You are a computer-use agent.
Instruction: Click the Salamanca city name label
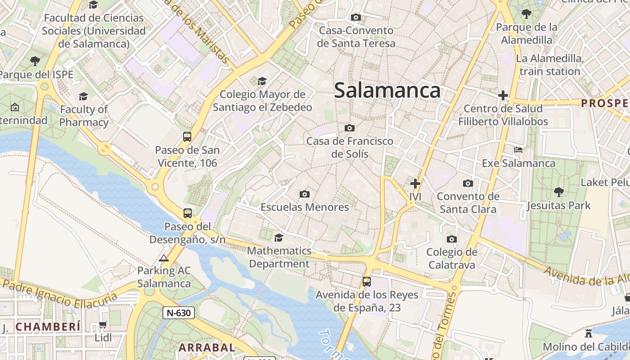pyautogui.click(x=387, y=90)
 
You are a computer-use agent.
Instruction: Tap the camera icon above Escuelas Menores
pyautogui.click(x=305, y=194)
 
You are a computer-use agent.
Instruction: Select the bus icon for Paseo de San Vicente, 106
pyautogui.click(x=187, y=136)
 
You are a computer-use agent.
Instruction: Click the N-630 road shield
pyautogui.click(x=179, y=312)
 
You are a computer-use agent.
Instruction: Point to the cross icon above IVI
pyautogui.click(x=415, y=184)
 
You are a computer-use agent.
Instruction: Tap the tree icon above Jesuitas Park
pyautogui.click(x=558, y=192)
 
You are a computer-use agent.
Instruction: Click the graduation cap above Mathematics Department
pyautogui.click(x=279, y=237)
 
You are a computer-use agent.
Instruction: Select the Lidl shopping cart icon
pyautogui.click(x=103, y=324)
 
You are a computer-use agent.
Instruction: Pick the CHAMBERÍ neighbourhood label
pyautogui.click(x=48, y=326)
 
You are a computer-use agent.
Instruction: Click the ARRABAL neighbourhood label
pyautogui.click(x=207, y=347)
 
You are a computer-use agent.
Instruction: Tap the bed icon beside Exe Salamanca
pyautogui.click(x=518, y=150)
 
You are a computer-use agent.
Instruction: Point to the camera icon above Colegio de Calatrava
pyautogui.click(x=452, y=239)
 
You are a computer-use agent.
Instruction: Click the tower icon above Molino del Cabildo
pyautogui.click(x=588, y=333)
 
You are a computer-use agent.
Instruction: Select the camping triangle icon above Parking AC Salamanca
pyautogui.click(x=164, y=258)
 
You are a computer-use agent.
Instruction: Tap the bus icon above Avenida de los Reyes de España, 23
pyautogui.click(x=367, y=282)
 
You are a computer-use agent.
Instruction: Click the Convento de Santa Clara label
pyautogui.click(x=468, y=202)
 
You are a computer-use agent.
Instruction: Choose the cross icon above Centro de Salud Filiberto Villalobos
pyautogui.click(x=503, y=95)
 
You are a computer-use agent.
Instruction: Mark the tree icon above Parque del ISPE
pyautogui.click(x=35, y=61)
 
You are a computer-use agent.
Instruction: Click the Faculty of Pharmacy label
pyautogui.click(x=84, y=116)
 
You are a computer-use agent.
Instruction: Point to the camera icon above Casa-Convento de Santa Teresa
pyautogui.click(x=356, y=17)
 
